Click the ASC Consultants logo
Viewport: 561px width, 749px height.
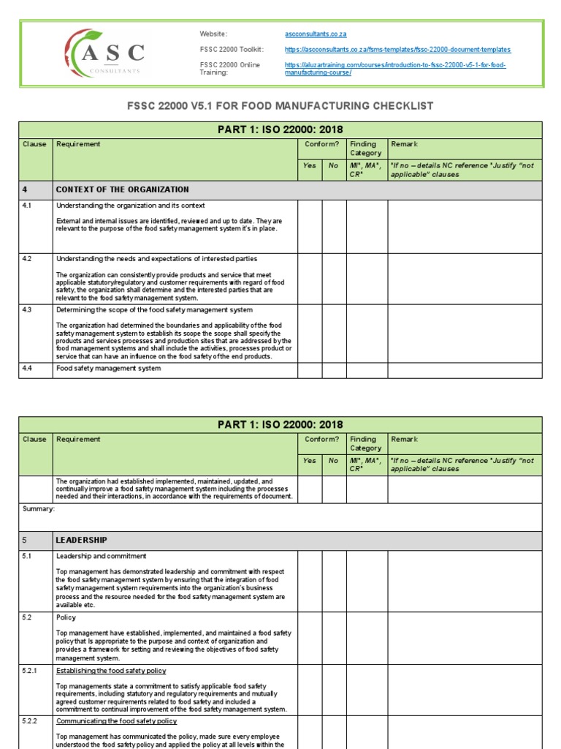(x=104, y=53)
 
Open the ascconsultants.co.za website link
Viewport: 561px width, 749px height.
(x=316, y=34)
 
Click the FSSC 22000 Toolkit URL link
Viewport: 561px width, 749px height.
(x=397, y=50)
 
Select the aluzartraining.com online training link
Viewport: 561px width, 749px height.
(x=394, y=69)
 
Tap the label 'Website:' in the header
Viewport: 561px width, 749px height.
(x=213, y=34)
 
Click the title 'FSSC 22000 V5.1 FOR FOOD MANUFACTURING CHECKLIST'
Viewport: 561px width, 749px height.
(x=280, y=106)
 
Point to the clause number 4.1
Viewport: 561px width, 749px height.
(x=28, y=206)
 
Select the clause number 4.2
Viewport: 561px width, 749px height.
(x=28, y=259)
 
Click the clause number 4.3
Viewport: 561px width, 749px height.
(x=28, y=310)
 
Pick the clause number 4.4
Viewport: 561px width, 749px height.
(x=28, y=369)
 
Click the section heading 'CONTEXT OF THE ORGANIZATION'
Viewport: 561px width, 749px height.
(x=122, y=189)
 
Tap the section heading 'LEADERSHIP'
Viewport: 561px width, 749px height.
(x=81, y=541)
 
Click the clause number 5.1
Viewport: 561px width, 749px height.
(x=28, y=557)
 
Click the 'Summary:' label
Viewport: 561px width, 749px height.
(x=38, y=509)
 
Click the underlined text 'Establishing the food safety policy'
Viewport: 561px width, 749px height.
(x=111, y=671)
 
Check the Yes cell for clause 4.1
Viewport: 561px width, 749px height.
(x=310, y=226)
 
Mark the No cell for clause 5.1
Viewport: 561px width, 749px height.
(x=334, y=580)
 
